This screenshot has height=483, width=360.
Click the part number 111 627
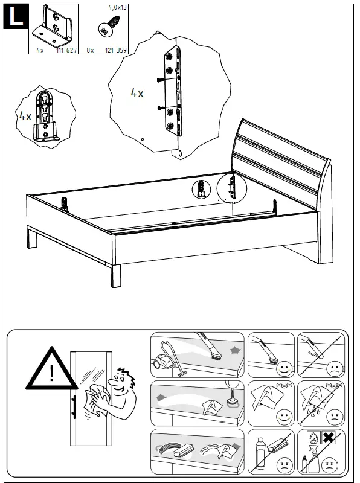(66, 51)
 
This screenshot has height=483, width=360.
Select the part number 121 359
(115, 51)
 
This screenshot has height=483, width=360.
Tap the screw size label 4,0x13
(117, 8)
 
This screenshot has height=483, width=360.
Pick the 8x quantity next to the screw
(90, 51)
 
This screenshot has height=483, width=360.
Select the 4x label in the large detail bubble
(137, 94)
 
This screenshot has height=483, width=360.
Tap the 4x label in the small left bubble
(25, 116)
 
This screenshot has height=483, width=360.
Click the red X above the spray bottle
(328, 437)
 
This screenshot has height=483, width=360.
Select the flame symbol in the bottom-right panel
(313, 437)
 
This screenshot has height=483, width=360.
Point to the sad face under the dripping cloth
(333, 416)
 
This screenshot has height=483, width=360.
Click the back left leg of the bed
(32, 240)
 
